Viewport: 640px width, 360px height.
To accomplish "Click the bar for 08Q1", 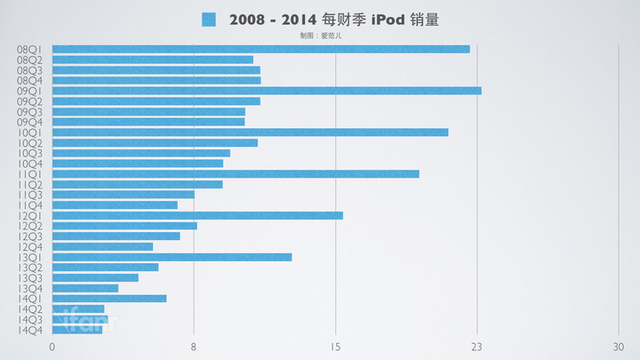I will [x=260, y=49].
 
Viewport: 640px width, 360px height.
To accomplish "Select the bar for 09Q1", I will [x=267, y=91].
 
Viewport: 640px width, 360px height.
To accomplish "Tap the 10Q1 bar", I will [x=250, y=132].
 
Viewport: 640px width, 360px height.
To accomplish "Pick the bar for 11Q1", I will [x=236, y=174].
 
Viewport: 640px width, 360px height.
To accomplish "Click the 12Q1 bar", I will [x=197, y=215].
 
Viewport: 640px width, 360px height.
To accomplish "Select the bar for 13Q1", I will [x=172, y=257].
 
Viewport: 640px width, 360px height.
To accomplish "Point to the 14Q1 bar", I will [x=109, y=299].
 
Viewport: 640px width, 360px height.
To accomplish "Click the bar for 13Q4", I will [x=85, y=288].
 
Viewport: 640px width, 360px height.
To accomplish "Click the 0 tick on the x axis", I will [x=52, y=347].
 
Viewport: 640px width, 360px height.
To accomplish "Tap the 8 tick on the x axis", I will [x=194, y=347].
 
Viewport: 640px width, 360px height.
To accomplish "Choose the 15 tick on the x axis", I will [x=335, y=347].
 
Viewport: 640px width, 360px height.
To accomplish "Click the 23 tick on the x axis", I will [x=477, y=347].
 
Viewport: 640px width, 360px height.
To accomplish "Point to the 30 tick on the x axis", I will [x=619, y=347].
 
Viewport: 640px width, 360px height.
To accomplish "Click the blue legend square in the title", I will [x=209, y=19].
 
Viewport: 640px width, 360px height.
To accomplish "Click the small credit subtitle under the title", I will [x=321, y=36].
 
